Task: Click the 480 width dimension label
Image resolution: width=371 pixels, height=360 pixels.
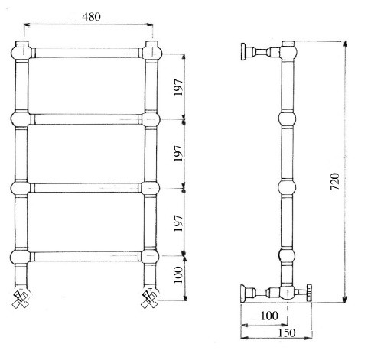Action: click(x=91, y=17)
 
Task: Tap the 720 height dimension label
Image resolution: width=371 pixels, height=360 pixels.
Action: click(x=335, y=181)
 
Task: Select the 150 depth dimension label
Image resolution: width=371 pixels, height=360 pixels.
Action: click(x=287, y=332)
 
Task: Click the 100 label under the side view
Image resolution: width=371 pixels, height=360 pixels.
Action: click(x=269, y=316)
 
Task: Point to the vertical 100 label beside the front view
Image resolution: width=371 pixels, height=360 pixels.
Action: click(x=178, y=274)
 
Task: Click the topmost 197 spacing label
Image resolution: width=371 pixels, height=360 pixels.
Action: click(x=178, y=87)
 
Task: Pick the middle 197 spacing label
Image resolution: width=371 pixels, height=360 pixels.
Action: click(x=178, y=153)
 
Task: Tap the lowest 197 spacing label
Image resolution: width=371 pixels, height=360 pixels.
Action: click(x=178, y=223)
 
